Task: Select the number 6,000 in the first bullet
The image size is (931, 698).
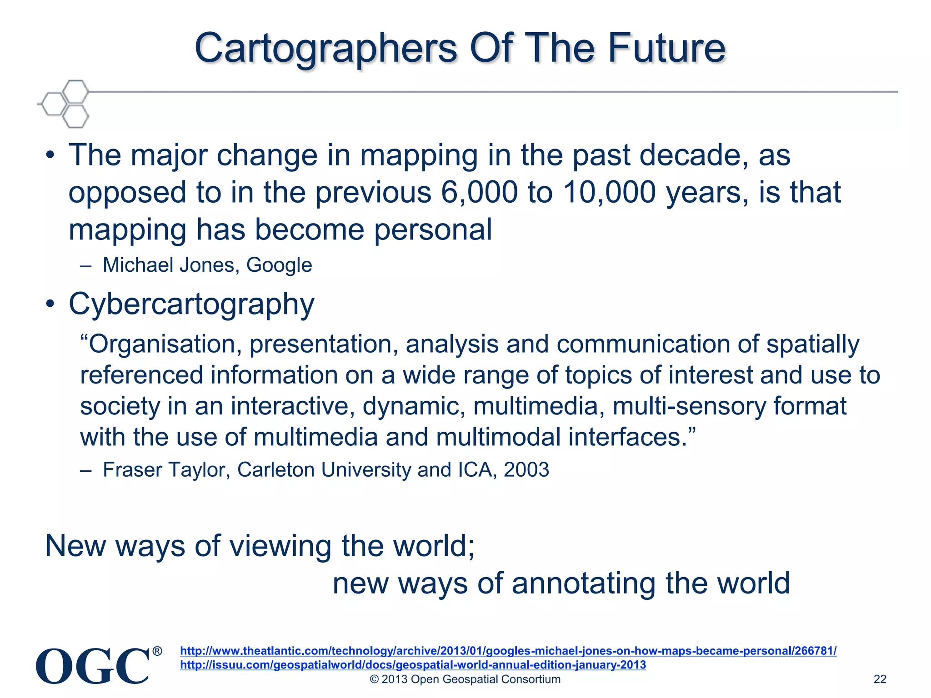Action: click(479, 193)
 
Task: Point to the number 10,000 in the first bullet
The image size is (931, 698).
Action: click(609, 193)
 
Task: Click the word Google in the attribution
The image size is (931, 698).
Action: click(279, 265)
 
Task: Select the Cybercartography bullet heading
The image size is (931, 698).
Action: click(191, 304)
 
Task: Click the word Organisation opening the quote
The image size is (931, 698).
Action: click(161, 344)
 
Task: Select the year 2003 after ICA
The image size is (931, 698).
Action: click(526, 470)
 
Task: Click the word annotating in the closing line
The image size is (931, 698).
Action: click(584, 583)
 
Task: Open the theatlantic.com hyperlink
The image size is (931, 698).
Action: click(508, 651)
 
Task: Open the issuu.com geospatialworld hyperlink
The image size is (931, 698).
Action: click(413, 665)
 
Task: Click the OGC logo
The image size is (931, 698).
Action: click(93, 666)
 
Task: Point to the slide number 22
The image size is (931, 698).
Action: click(880, 679)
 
